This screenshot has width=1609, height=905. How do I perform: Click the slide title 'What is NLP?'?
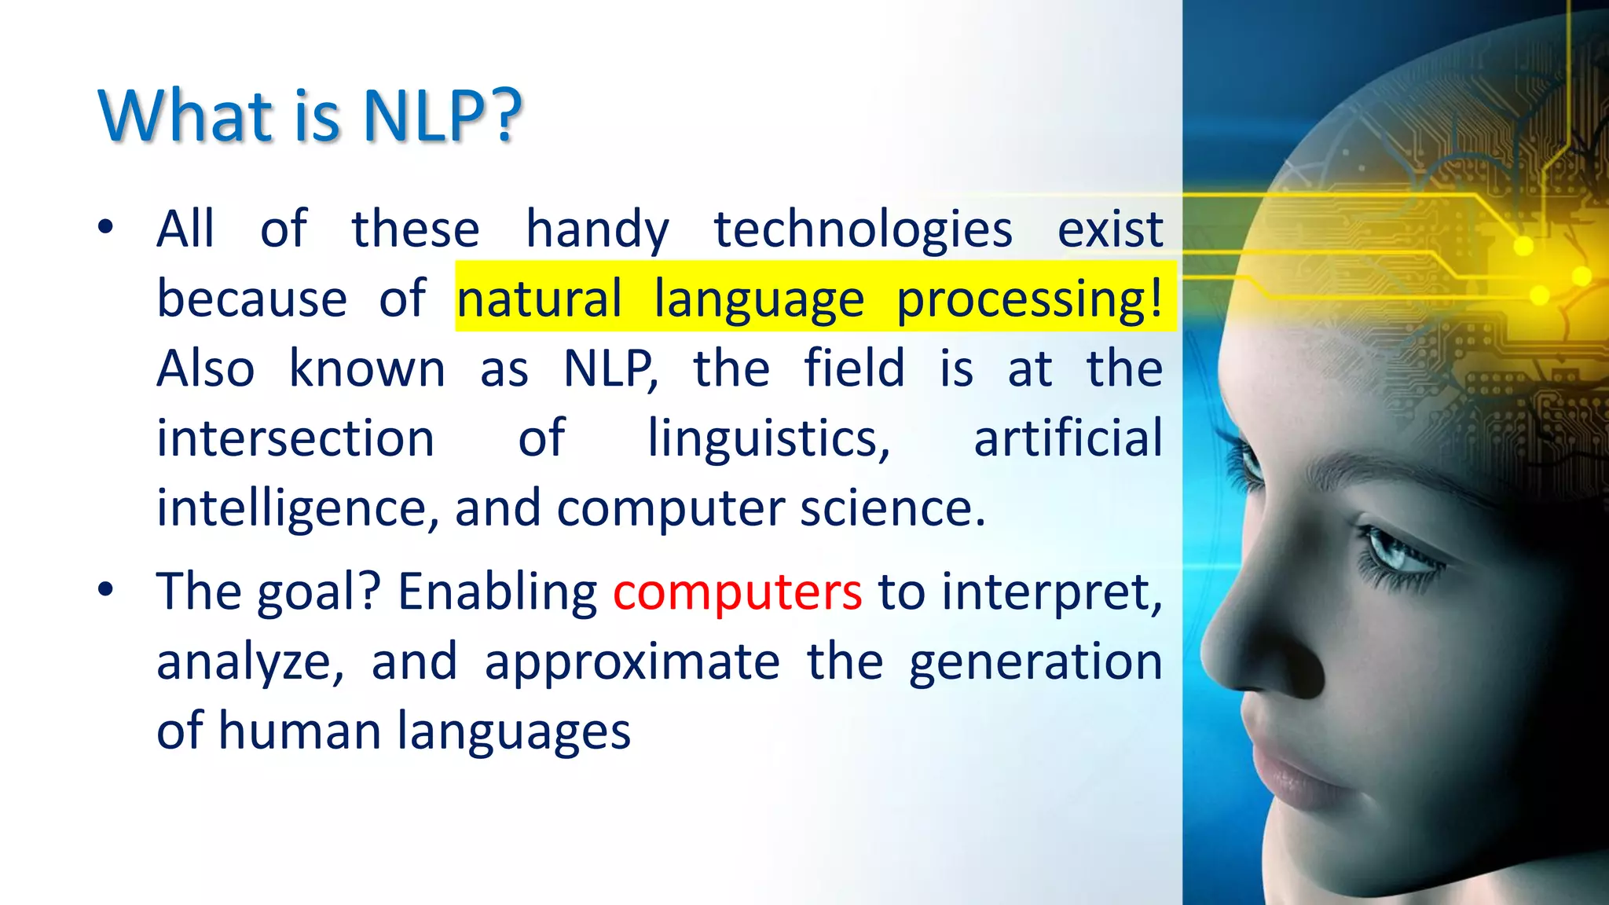point(310,116)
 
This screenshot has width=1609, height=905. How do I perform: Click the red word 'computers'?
point(737,592)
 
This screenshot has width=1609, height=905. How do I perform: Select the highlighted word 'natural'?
point(539,299)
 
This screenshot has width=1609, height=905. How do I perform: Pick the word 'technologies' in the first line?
point(863,229)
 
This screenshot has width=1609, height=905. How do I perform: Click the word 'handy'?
point(597,229)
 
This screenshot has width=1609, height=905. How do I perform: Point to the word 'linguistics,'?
point(768,438)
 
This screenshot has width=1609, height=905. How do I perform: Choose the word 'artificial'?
point(1068,438)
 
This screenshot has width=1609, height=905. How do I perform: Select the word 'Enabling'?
point(497,592)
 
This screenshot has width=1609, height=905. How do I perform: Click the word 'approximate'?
point(632,661)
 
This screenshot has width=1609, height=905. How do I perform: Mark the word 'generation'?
point(1035,661)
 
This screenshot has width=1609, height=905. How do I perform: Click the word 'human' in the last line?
point(299,731)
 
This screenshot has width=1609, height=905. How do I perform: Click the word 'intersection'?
point(295,438)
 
